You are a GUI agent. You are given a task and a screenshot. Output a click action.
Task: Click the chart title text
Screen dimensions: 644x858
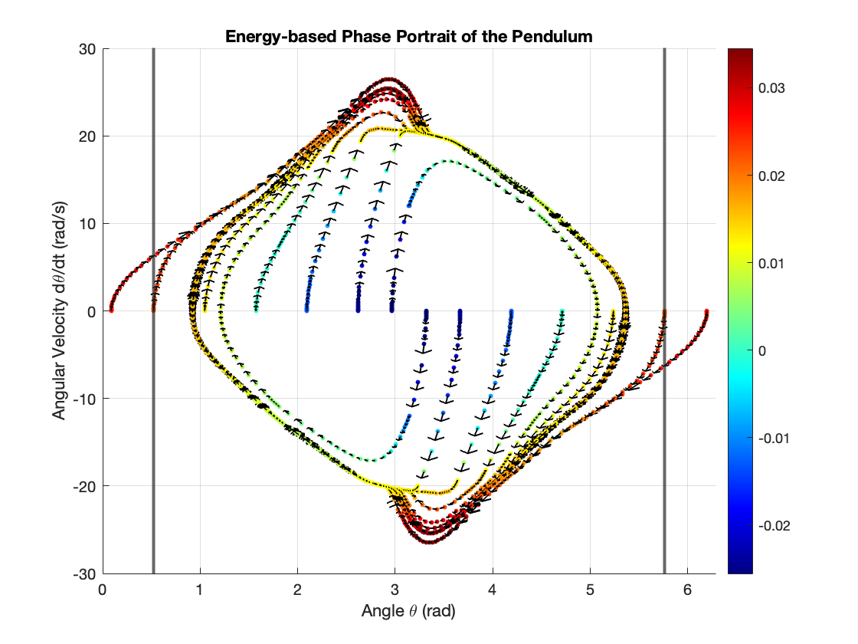click(x=409, y=37)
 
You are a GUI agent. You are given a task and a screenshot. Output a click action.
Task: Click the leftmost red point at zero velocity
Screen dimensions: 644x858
click(x=111, y=310)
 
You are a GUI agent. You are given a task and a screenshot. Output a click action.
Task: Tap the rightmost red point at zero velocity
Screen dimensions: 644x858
click(x=706, y=311)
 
